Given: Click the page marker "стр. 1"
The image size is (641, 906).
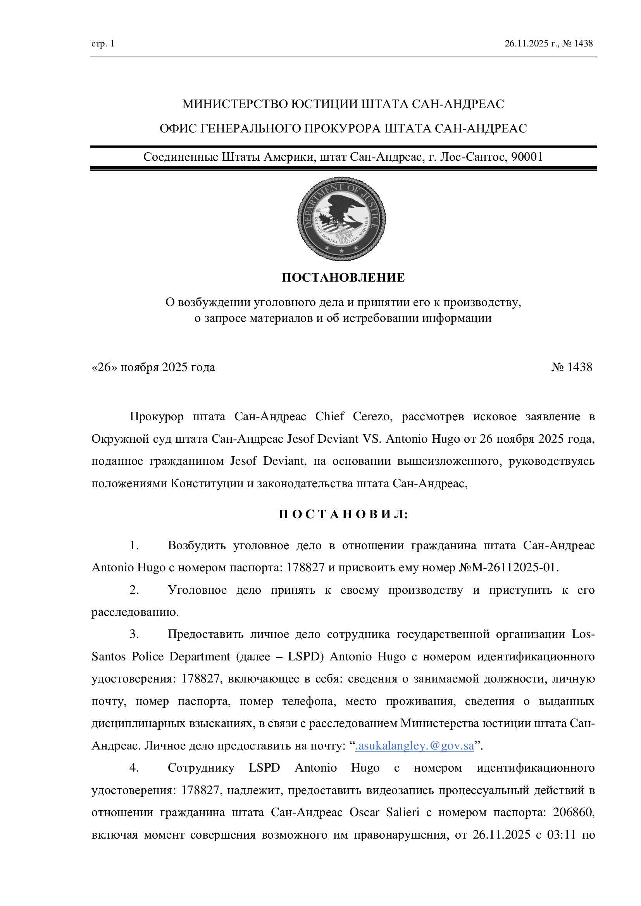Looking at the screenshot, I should coord(103,44).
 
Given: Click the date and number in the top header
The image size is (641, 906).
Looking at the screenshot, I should coord(549,44).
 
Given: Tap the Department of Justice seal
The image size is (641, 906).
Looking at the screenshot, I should coord(341,218).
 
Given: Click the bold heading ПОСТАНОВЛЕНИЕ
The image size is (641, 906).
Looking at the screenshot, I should coord(343,278).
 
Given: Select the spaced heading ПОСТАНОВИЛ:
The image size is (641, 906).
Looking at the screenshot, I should coord(343,514).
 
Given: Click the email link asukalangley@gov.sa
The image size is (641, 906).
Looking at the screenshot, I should coord(414,746).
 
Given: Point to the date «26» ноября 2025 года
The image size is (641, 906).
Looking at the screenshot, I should coord(153,367).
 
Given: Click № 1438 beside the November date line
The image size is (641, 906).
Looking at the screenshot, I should coord(572,367).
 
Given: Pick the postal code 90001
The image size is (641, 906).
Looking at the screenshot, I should coord(527,157).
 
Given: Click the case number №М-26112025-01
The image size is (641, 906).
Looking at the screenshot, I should coord(508,567).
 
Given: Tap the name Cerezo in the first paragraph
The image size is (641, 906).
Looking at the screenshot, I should coord(372,416).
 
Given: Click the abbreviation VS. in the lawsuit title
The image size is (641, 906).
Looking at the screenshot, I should coord(372,439).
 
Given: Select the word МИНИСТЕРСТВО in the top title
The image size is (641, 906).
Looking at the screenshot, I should coord(235,104).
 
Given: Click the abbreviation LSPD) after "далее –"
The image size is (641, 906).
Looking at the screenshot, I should coord(305,657).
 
